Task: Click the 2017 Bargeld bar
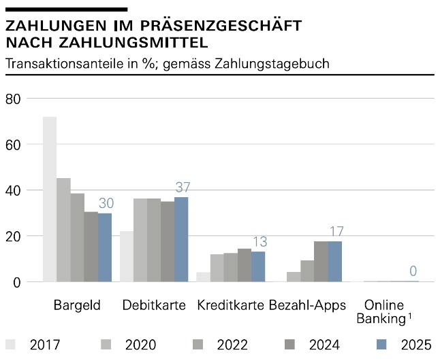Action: pyautogui.click(x=50, y=199)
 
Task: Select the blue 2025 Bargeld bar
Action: pyautogui.click(x=105, y=247)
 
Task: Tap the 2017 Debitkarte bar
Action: pyautogui.click(x=127, y=256)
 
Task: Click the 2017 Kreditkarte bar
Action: pyautogui.click(x=203, y=277)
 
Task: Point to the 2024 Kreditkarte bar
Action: pyautogui.click(x=245, y=265)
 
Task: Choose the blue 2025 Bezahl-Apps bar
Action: pyautogui.click(x=335, y=261)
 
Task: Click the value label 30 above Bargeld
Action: pyautogui.click(x=106, y=203)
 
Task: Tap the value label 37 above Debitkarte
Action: pyautogui.click(x=183, y=187)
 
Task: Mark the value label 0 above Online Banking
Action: pyautogui.click(x=413, y=271)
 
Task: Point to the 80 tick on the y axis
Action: pyautogui.click(x=14, y=99)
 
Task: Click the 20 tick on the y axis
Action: pyautogui.click(x=14, y=237)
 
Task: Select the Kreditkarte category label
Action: pyautogui.click(x=231, y=305)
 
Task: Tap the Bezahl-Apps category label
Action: pyautogui.click(x=307, y=305)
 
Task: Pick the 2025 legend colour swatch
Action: pyautogui.click(x=382, y=345)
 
